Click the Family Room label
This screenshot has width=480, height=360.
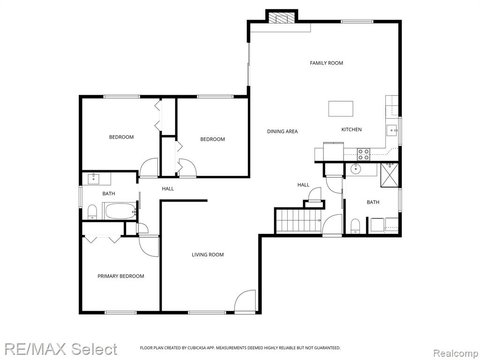click(x=326, y=63)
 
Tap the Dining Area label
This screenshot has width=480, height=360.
click(x=282, y=131)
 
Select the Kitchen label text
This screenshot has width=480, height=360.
click(x=352, y=129)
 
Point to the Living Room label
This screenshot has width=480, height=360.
click(x=208, y=255)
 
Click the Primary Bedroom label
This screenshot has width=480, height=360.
click(x=120, y=276)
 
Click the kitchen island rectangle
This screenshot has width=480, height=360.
click(x=341, y=109)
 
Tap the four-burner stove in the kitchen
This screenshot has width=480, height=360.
click(x=364, y=154)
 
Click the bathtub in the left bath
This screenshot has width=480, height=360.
click(x=120, y=211)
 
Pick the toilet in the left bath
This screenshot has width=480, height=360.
click(x=92, y=212)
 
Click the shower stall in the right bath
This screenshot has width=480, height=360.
click(x=390, y=175)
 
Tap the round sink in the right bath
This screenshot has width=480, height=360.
click(x=356, y=169)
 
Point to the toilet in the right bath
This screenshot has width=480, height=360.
click(x=355, y=226)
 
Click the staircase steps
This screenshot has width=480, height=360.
click(x=299, y=220)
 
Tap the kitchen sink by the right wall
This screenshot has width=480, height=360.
click(x=392, y=130)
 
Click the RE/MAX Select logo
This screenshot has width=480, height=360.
click(x=60, y=349)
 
